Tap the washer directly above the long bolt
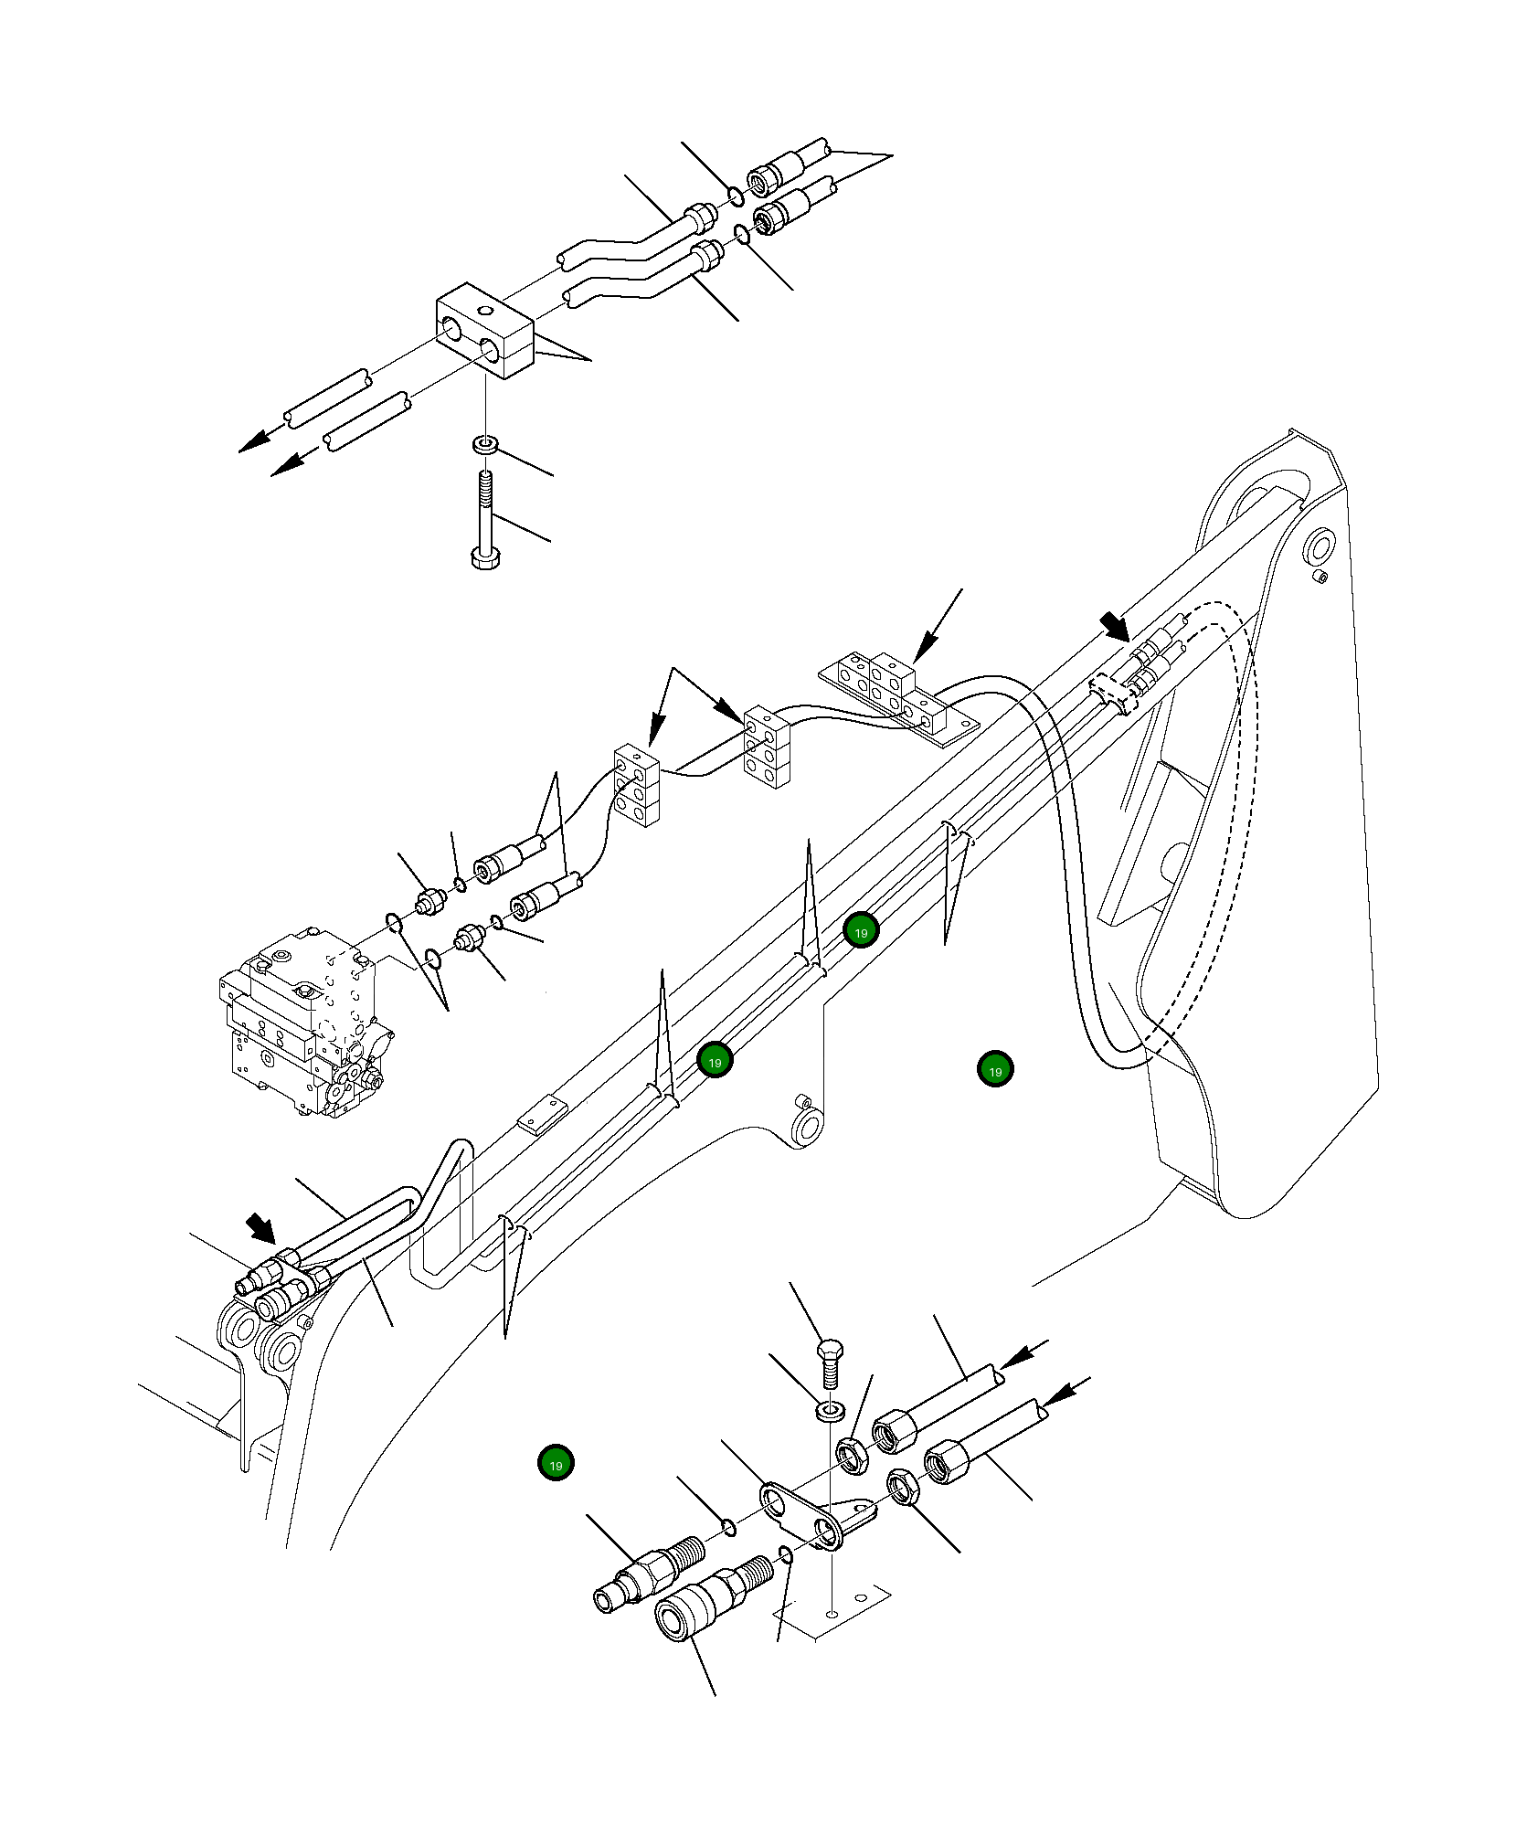coord(485,445)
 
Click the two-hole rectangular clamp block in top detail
coord(483,331)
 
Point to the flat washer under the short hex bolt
coord(830,1412)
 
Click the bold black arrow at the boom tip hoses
coord(1116,627)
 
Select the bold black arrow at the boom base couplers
coord(261,1228)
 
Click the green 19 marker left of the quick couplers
coord(556,1463)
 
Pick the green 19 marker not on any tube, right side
coord(995,1070)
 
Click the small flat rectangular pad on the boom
coord(542,1116)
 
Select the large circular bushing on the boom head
coord(1319,548)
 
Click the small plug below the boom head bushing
coord(1320,577)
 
